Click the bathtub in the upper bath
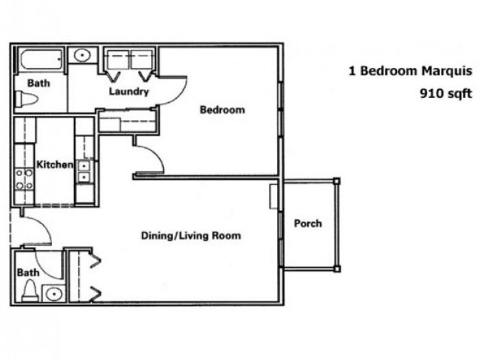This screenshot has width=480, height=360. click(41, 60)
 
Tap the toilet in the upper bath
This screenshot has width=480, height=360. click(26, 99)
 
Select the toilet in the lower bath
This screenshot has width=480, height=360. click(30, 291)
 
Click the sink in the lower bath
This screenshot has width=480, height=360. click(54, 294)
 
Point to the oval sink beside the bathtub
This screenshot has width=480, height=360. click(82, 56)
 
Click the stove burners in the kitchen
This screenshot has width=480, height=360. click(24, 179)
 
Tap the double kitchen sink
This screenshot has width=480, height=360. click(83, 171)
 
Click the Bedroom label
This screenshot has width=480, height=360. click(222, 110)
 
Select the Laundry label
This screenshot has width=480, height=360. click(129, 91)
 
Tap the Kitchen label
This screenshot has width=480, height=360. click(55, 165)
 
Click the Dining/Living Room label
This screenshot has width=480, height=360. click(191, 235)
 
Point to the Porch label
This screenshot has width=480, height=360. click(308, 223)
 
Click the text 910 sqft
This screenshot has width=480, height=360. click(446, 93)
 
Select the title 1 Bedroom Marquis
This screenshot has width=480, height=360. click(410, 71)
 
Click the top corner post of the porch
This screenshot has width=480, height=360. click(337, 181)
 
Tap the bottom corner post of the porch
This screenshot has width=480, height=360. click(337, 269)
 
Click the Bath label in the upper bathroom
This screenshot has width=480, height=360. click(38, 83)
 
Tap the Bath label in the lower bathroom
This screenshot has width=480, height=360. click(28, 272)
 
